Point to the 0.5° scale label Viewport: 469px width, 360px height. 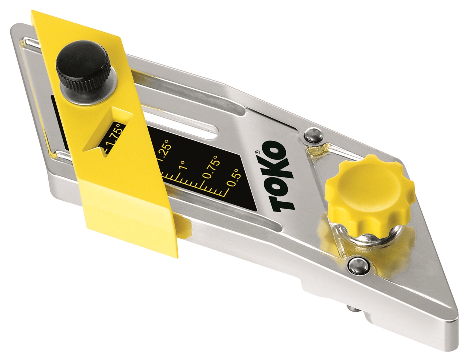point(234,177)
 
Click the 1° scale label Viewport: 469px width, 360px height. point(182,164)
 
